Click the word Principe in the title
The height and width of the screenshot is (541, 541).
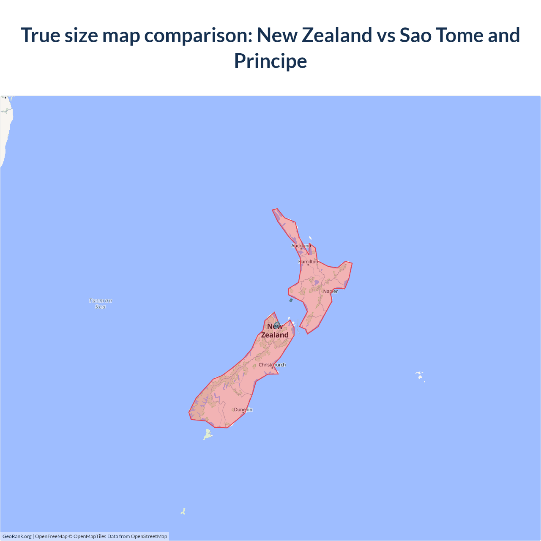(270, 61)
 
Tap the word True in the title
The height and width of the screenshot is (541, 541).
(40, 35)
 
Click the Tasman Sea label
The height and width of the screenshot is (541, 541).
(101, 303)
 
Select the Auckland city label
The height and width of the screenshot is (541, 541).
(301, 246)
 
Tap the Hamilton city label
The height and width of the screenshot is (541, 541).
(308, 262)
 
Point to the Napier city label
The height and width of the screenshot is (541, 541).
(331, 291)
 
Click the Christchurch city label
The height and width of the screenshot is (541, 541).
(272, 365)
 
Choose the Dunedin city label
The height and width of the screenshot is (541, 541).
(243, 410)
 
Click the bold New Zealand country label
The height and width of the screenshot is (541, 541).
(275, 331)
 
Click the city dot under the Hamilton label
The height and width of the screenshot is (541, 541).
(308, 265)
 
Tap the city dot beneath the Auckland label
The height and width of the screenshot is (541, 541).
(301, 249)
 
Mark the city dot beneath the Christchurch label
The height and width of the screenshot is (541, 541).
(272, 368)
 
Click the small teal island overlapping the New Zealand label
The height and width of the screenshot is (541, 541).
(277, 325)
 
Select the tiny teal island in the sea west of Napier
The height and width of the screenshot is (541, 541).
(291, 300)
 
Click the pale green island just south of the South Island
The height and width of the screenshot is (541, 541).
(208, 434)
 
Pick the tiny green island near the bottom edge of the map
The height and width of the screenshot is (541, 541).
(183, 511)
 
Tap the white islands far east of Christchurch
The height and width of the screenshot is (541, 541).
(420, 375)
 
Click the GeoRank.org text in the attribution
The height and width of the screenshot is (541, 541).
(17, 536)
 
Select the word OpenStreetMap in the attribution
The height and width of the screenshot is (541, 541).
(149, 536)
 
